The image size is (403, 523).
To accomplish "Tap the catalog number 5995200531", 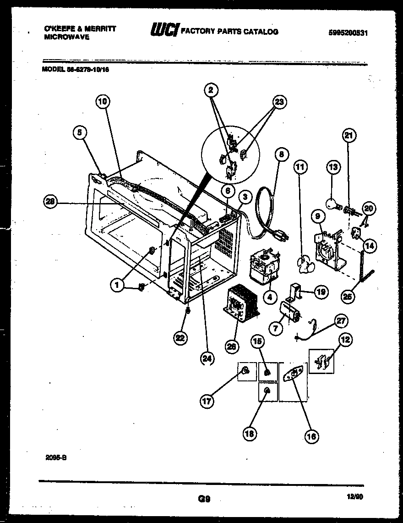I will (x=349, y=33).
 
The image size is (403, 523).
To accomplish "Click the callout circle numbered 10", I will (x=103, y=102).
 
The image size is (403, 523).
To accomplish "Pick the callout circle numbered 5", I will (x=80, y=132).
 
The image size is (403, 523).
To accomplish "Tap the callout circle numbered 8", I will (x=281, y=154).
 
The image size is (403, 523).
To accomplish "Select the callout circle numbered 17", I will (x=207, y=401).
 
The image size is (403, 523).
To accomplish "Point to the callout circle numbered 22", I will (x=181, y=338).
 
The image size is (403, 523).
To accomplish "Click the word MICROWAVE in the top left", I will (x=66, y=37).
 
